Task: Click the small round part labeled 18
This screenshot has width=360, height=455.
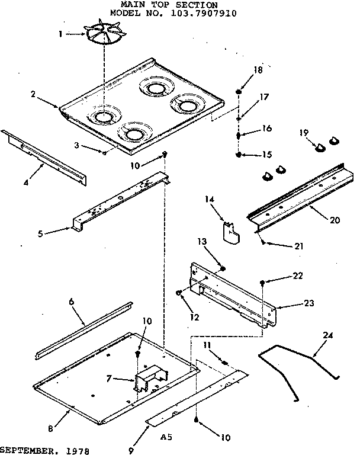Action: [x=239, y=92]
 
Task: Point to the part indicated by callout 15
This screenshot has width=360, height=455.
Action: [x=239, y=155]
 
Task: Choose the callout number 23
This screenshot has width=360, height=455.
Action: [x=309, y=304]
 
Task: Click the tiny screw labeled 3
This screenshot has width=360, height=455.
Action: [x=104, y=152]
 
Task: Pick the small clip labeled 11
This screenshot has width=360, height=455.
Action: [x=224, y=362]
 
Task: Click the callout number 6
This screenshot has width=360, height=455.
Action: [x=72, y=302]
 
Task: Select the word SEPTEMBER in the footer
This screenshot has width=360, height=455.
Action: [x=27, y=450]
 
